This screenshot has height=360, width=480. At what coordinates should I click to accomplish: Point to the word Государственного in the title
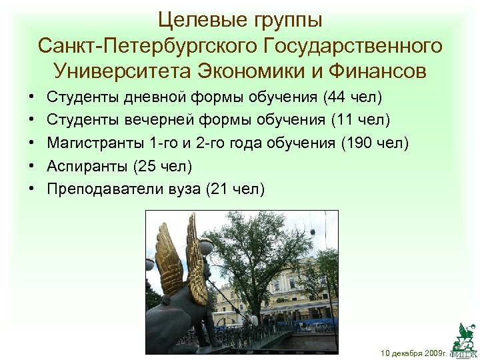point(353,45)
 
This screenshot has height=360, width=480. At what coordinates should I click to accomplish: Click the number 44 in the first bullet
point(337,98)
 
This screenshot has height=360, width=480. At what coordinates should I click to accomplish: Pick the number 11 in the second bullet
point(346,121)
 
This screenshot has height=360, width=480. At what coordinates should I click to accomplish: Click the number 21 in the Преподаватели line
point(219,189)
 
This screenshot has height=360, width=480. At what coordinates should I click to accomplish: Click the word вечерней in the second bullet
point(153,121)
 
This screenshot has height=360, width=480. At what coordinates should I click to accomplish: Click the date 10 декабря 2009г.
point(413,351)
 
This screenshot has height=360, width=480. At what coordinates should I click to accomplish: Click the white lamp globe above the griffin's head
point(207,246)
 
